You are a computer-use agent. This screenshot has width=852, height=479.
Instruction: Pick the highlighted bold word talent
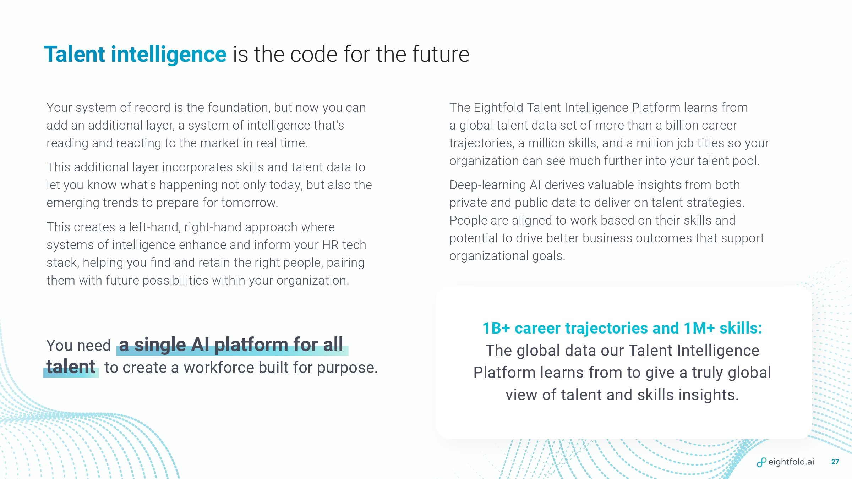pos(71,367)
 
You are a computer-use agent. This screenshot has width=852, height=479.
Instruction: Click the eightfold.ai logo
pos(786,462)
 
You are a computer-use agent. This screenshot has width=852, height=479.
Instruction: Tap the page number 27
pos(835,462)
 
